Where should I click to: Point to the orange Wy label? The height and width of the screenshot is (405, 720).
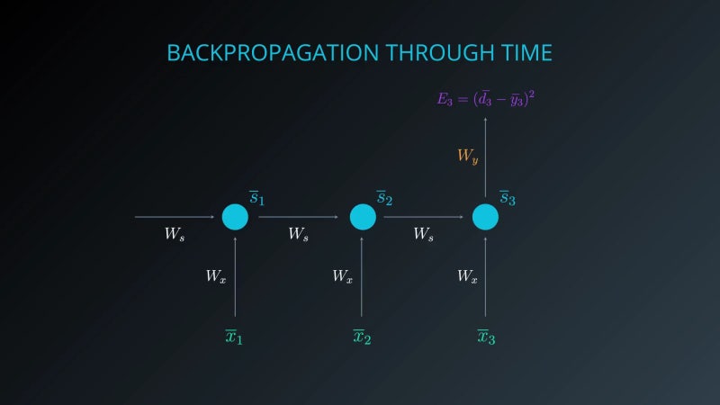(467, 157)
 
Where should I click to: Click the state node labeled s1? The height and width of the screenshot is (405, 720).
(235, 217)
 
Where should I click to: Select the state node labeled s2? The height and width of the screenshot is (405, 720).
(362, 217)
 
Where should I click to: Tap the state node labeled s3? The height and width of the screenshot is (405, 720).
(485, 217)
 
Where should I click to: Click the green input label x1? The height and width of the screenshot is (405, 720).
(234, 337)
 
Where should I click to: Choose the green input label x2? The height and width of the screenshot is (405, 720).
(362, 337)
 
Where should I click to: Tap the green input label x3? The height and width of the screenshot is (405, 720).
(486, 337)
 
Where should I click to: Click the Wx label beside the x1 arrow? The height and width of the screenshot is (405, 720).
(215, 276)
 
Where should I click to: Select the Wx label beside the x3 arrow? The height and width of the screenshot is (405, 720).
(466, 276)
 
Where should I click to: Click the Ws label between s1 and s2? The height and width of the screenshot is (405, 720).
(299, 234)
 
